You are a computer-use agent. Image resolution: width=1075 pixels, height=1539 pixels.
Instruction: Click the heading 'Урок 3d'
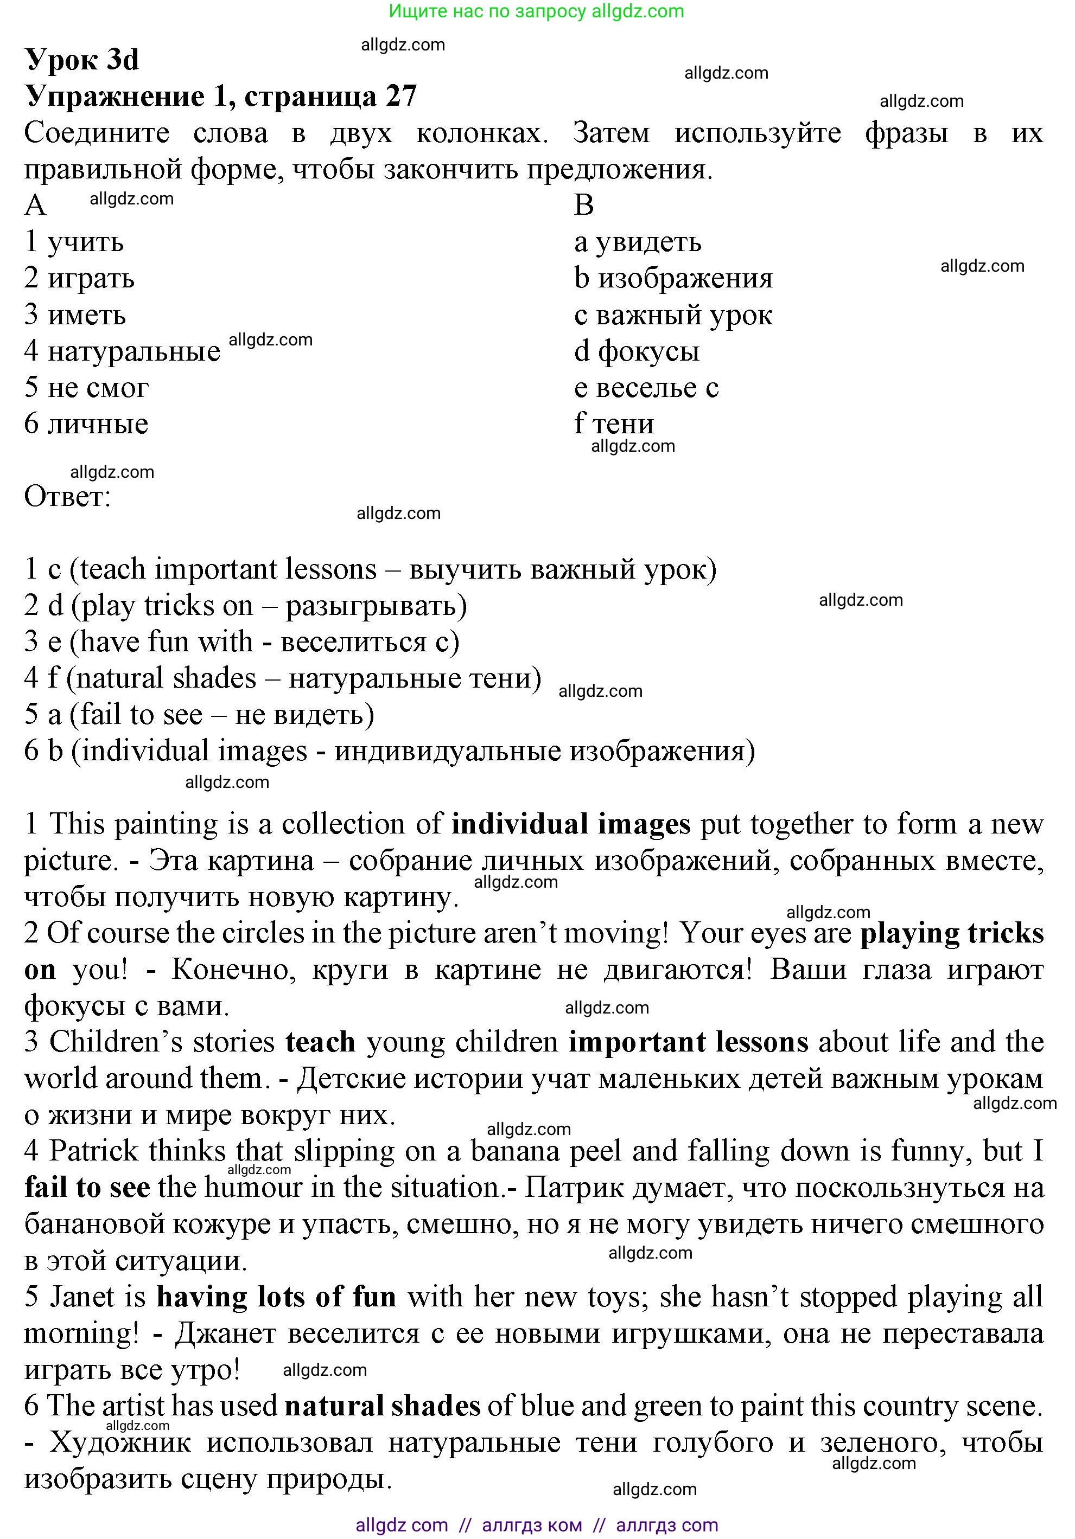pyautogui.click(x=82, y=60)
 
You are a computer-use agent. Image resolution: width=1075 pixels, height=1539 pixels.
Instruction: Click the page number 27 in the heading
pyautogui.click(x=400, y=97)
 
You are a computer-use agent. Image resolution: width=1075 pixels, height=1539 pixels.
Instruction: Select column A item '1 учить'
pyautogui.click(x=74, y=242)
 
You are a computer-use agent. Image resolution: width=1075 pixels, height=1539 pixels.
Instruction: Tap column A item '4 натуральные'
pyautogui.click(x=122, y=351)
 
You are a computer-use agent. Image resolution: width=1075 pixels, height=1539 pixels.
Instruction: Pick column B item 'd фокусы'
pyautogui.click(x=637, y=351)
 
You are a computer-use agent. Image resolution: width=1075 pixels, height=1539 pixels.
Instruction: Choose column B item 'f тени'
pyautogui.click(x=614, y=424)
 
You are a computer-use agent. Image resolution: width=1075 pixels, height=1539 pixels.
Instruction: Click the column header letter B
pyautogui.click(x=583, y=205)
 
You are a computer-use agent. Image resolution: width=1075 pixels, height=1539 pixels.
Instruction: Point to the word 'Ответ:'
pyautogui.click(x=67, y=497)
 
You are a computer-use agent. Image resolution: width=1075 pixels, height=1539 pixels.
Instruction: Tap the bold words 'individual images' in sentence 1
pyautogui.click(x=571, y=824)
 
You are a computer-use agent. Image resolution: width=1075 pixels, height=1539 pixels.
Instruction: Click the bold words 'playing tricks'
pyautogui.click(x=952, y=933)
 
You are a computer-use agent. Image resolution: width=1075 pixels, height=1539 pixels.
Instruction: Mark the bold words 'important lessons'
pyautogui.click(x=688, y=1042)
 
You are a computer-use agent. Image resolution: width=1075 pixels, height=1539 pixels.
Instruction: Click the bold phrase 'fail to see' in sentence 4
pyautogui.click(x=87, y=1187)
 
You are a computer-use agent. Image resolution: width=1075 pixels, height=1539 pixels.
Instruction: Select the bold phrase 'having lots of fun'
pyautogui.click(x=276, y=1297)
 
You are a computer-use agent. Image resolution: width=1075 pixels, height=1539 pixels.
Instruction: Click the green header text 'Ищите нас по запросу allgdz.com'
pyautogui.click(x=537, y=11)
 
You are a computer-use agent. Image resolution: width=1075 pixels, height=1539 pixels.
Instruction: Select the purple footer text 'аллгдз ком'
pyautogui.click(x=532, y=1525)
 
